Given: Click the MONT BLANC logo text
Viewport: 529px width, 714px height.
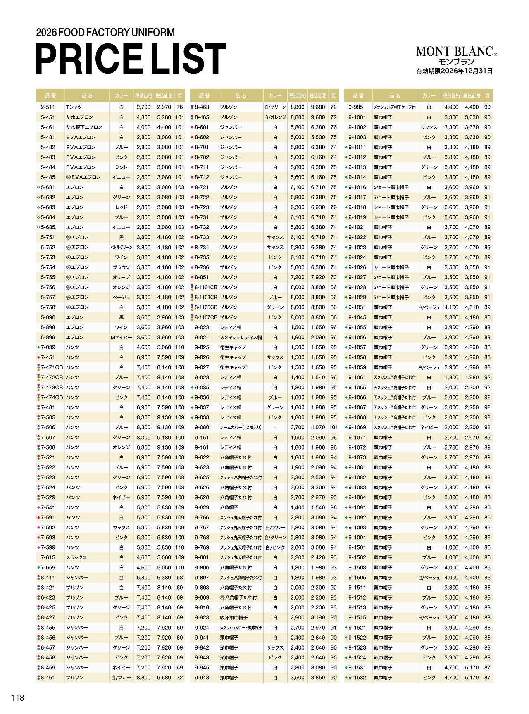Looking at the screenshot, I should pyautogui.click(x=455, y=51).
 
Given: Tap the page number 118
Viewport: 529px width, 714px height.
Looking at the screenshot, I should pyautogui.click(x=18, y=697).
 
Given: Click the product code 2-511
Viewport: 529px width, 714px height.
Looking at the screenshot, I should pyautogui.click(x=48, y=107).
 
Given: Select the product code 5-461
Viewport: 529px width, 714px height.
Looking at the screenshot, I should pyautogui.click(x=48, y=127).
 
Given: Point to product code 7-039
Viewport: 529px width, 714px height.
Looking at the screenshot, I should pyautogui.click(x=48, y=347).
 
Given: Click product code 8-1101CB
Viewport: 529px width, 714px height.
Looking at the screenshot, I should pyautogui.click(x=206, y=287).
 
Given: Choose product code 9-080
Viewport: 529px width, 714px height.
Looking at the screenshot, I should pyautogui.click(x=202, y=428).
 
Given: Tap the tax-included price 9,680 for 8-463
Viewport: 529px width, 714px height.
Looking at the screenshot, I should pyautogui.click(x=318, y=107).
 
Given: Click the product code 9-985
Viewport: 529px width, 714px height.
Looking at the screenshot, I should pyautogui.click(x=356, y=107).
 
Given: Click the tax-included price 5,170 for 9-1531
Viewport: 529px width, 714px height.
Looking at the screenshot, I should pyautogui.click(x=472, y=668).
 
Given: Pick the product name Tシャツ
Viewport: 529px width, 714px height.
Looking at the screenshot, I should pyautogui.click(x=74, y=107).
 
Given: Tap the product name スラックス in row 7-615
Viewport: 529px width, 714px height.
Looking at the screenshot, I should pyautogui.click(x=76, y=557).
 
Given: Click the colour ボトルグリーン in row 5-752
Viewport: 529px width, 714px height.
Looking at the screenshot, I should pyautogui.click(x=122, y=248).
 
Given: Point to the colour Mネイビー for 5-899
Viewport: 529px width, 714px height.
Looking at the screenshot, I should pyautogui.click(x=122, y=338).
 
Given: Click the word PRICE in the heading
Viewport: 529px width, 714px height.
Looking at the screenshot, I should pyautogui.click(x=89, y=59).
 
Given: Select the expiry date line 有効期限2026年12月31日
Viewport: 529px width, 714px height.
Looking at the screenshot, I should pyautogui.click(x=454, y=71).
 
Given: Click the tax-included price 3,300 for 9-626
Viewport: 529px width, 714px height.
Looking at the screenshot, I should pyautogui.click(x=318, y=488).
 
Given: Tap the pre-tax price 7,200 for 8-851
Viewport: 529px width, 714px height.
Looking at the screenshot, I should pyautogui.click(x=298, y=277).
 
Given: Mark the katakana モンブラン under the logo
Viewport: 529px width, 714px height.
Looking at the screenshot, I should pyautogui.click(x=456, y=62).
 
